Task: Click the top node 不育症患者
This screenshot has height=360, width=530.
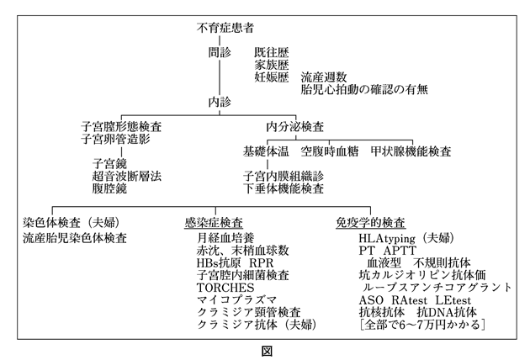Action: tap(225, 29)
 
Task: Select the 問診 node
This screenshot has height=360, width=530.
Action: tap(219, 51)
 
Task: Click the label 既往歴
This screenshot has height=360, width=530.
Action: tap(271, 52)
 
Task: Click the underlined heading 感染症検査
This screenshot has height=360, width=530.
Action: tap(214, 225)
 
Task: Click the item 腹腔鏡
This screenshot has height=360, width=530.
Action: tap(110, 190)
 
